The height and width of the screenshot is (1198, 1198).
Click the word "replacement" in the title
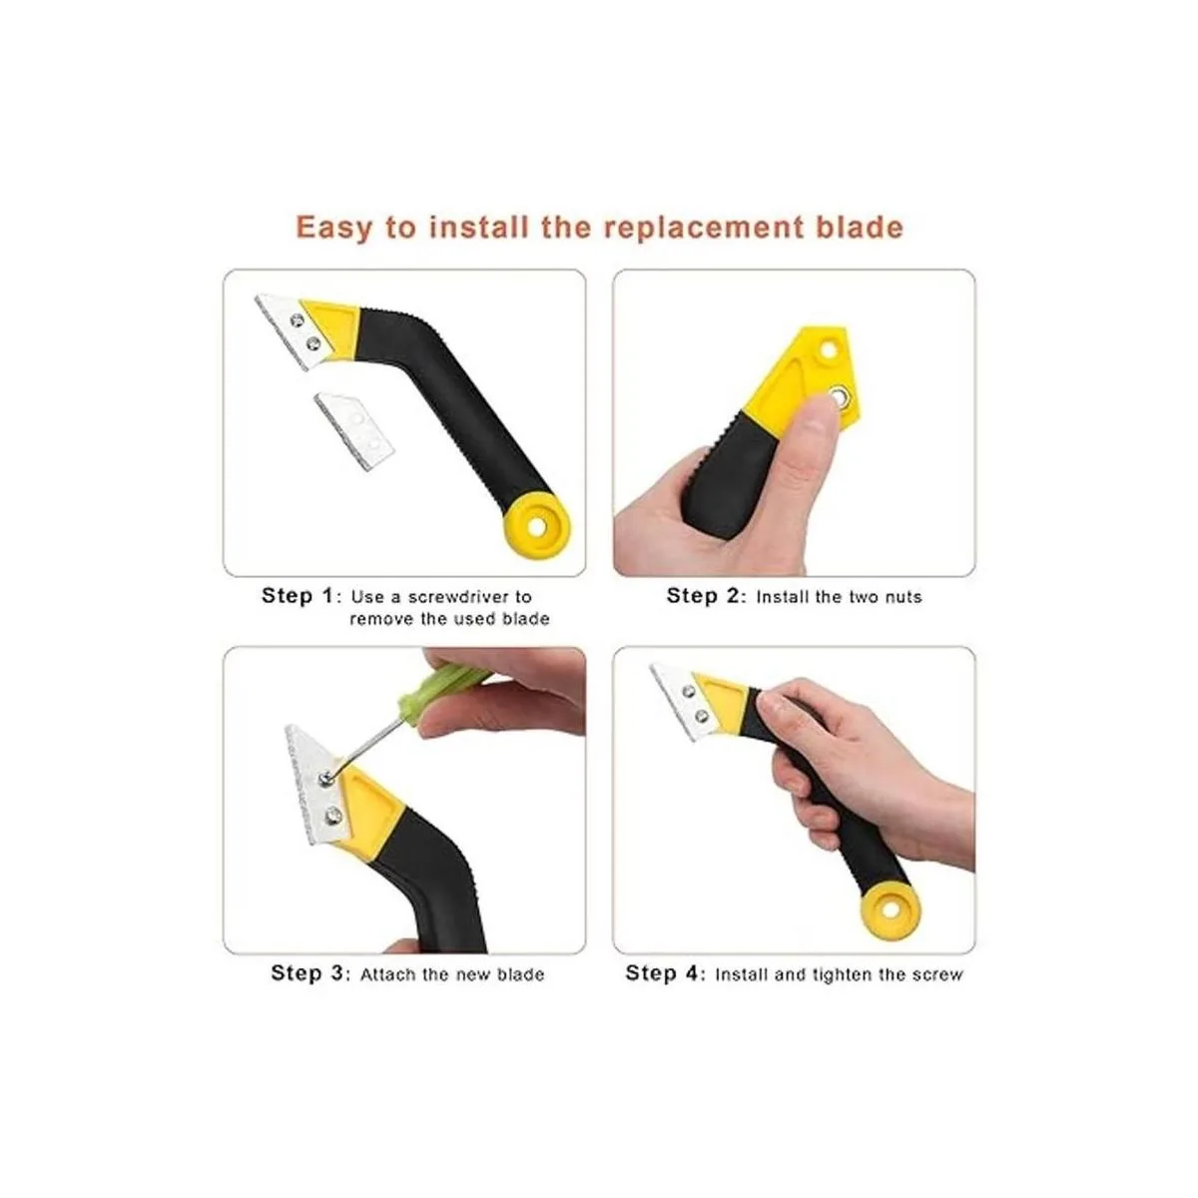click(705, 229)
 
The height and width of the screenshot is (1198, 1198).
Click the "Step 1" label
click(298, 596)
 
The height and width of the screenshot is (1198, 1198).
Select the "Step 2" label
click(703, 596)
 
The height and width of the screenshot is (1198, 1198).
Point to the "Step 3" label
click(306, 973)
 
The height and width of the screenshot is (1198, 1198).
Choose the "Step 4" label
click(662, 973)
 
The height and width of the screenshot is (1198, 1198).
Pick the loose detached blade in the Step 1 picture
click(355, 430)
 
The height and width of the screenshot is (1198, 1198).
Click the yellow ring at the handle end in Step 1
click(537, 525)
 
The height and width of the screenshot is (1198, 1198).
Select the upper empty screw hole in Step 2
click(828, 350)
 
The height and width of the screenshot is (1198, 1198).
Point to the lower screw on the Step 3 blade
click(333, 814)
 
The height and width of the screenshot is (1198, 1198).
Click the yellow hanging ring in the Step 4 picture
click(890, 909)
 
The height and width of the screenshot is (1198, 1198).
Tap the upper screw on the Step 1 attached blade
click(298, 320)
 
